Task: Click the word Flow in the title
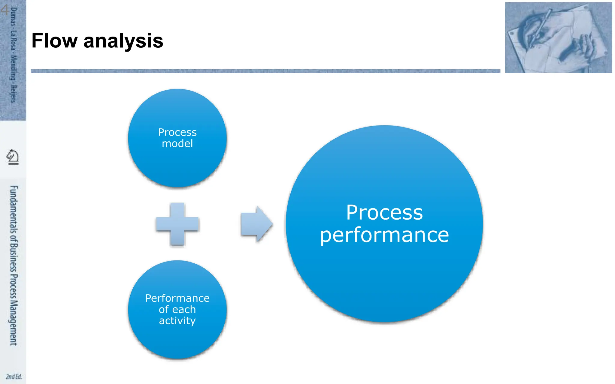[54, 41]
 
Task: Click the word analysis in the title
[123, 41]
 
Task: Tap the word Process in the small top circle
[177, 132]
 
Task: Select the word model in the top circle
[177, 144]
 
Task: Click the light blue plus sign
[177, 224]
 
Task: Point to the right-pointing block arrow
[256, 224]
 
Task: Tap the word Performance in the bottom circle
[177, 298]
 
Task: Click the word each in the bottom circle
[184, 309]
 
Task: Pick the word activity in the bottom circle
[177, 321]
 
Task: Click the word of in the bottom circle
[164, 309]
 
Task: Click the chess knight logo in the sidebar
[13, 157]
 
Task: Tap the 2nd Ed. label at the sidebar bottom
[14, 376]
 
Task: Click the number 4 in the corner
[4, 10]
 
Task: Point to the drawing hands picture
[558, 37]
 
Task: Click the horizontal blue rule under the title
[265, 71]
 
